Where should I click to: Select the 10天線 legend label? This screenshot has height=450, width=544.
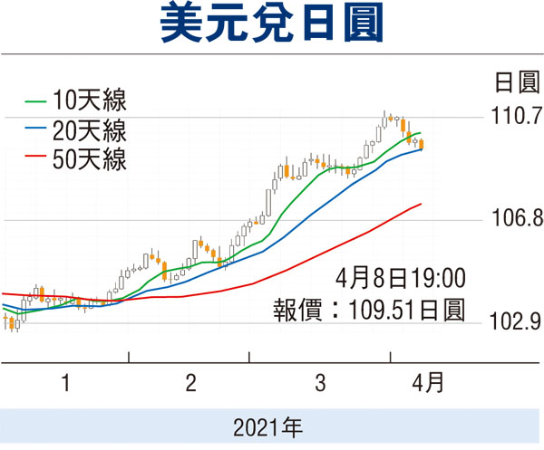tap(90, 101)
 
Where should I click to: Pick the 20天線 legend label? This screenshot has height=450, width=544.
tap(90, 130)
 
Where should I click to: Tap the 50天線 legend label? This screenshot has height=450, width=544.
tap(90, 159)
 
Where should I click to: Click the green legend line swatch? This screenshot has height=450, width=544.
tap(35, 101)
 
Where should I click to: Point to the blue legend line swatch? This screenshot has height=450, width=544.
tap(35, 129)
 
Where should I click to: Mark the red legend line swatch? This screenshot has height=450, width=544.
tap(35, 156)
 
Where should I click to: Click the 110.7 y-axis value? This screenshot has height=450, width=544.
tap(517, 115)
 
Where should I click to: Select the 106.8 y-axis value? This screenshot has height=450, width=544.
tap(518, 218)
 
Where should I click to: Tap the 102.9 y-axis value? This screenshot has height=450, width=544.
tap(516, 321)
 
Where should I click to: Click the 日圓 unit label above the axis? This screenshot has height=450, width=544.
tap(517, 82)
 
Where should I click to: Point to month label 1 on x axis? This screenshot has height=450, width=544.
tap(65, 383)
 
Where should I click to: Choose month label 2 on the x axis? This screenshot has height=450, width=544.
tap(190, 383)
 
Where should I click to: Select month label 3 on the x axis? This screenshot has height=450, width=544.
tap(320, 383)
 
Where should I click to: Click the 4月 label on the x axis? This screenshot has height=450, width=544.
tap(428, 382)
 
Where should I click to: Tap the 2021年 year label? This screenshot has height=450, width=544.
tap(267, 427)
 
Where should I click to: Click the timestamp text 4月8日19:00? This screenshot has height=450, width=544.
tap(401, 278)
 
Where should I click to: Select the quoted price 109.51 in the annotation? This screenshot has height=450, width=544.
tap(384, 310)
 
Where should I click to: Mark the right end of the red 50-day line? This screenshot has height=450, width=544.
tap(422, 204)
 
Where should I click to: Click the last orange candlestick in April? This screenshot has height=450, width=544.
tap(422, 144)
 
